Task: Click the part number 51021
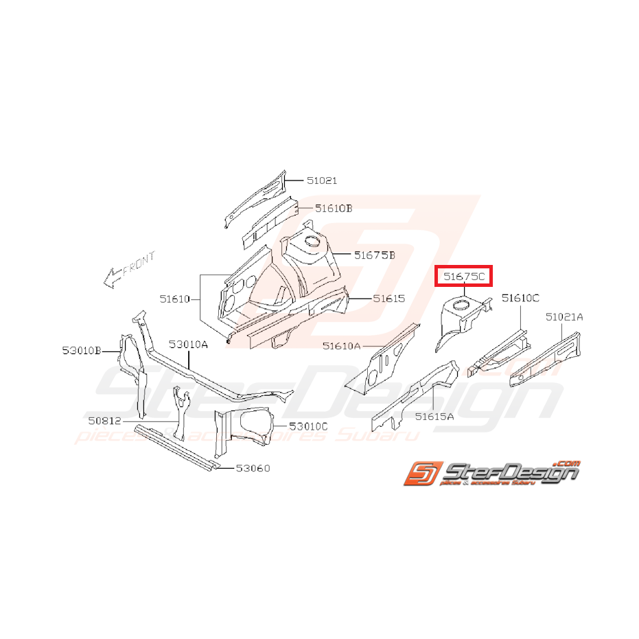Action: [322, 181]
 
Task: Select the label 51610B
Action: [334, 208]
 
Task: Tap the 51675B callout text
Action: [375, 255]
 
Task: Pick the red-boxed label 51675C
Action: [465, 277]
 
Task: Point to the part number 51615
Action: [389, 299]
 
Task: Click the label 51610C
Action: [520, 298]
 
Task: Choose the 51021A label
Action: [565, 316]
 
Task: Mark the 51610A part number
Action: [342, 347]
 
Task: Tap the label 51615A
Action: [434, 416]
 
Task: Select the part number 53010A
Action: [189, 345]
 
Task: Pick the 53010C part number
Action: [309, 426]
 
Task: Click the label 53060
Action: [253, 469]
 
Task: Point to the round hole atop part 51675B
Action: [311, 241]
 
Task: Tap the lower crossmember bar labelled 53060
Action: [176, 447]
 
